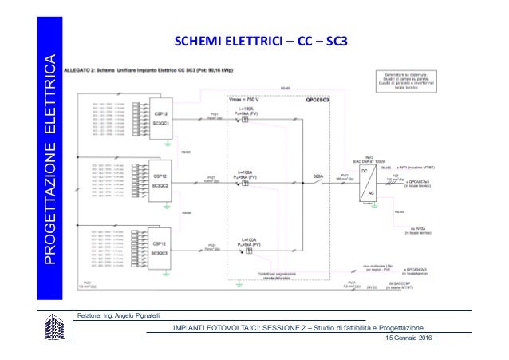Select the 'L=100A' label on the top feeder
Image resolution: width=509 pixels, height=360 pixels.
(248, 107)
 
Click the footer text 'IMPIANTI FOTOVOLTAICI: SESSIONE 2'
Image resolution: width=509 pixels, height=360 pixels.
(231, 329)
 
